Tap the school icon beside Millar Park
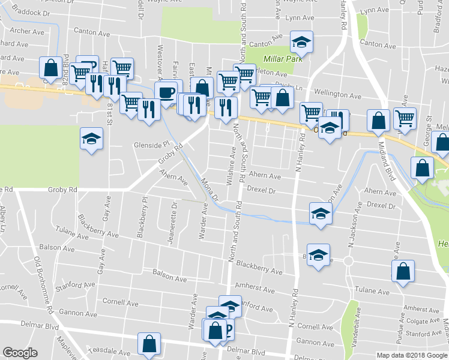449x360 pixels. (x=301, y=42)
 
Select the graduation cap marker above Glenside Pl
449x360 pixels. (x=91, y=139)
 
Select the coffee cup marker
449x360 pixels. (x=166, y=92)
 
